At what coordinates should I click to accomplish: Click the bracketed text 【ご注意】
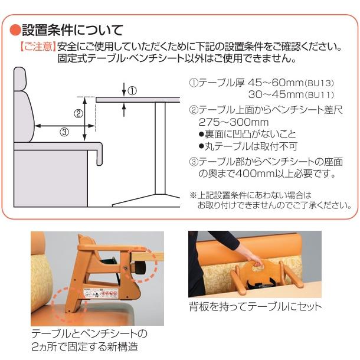(x=37, y=46)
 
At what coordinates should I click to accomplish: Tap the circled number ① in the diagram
(x=133, y=91)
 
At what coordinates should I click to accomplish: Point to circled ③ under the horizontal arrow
(x=64, y=132)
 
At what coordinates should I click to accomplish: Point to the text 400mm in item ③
(x=266, y=174)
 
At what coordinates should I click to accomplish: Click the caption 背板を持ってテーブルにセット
(x=255, y=306)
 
